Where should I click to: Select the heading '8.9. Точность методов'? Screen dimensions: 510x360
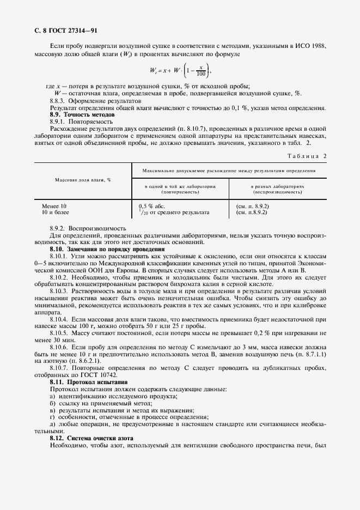pos(82,115)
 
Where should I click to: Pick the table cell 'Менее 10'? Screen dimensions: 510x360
pos(54,206)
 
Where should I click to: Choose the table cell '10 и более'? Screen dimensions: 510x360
pos(56,212)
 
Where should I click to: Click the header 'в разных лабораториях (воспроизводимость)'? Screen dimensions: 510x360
pos(277,189)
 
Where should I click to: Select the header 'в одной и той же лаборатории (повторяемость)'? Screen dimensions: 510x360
pos(180,189)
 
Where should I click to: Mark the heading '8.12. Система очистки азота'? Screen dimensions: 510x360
pos(91,438)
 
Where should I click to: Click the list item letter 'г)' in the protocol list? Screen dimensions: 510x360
pos(52,417)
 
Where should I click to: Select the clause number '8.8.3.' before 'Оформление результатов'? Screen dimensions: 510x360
pos(60,101)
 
